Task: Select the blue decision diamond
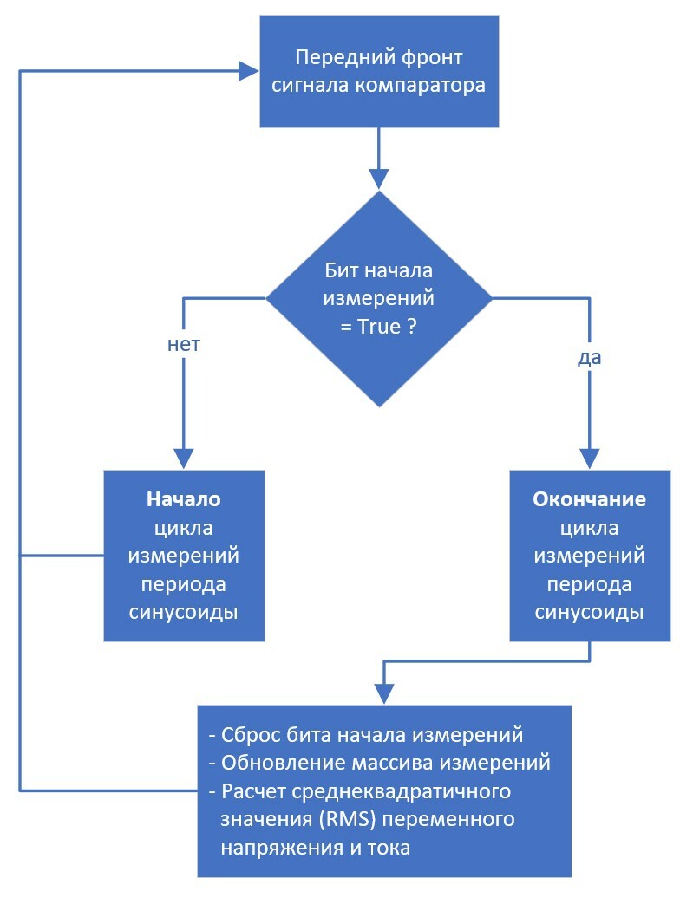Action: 379,299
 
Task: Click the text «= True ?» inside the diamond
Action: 379,328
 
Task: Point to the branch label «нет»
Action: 183,344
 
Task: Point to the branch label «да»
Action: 589,356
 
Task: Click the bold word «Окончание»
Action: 589,500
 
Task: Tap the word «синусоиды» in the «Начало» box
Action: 184,611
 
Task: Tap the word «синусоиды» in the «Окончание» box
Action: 589,612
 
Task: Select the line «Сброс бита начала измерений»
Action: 367,735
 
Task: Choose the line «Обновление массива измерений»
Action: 380,763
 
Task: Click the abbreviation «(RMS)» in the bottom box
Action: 354,819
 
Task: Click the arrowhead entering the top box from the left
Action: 250,71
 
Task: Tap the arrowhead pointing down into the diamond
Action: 379,178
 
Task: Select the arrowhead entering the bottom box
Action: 384,693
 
